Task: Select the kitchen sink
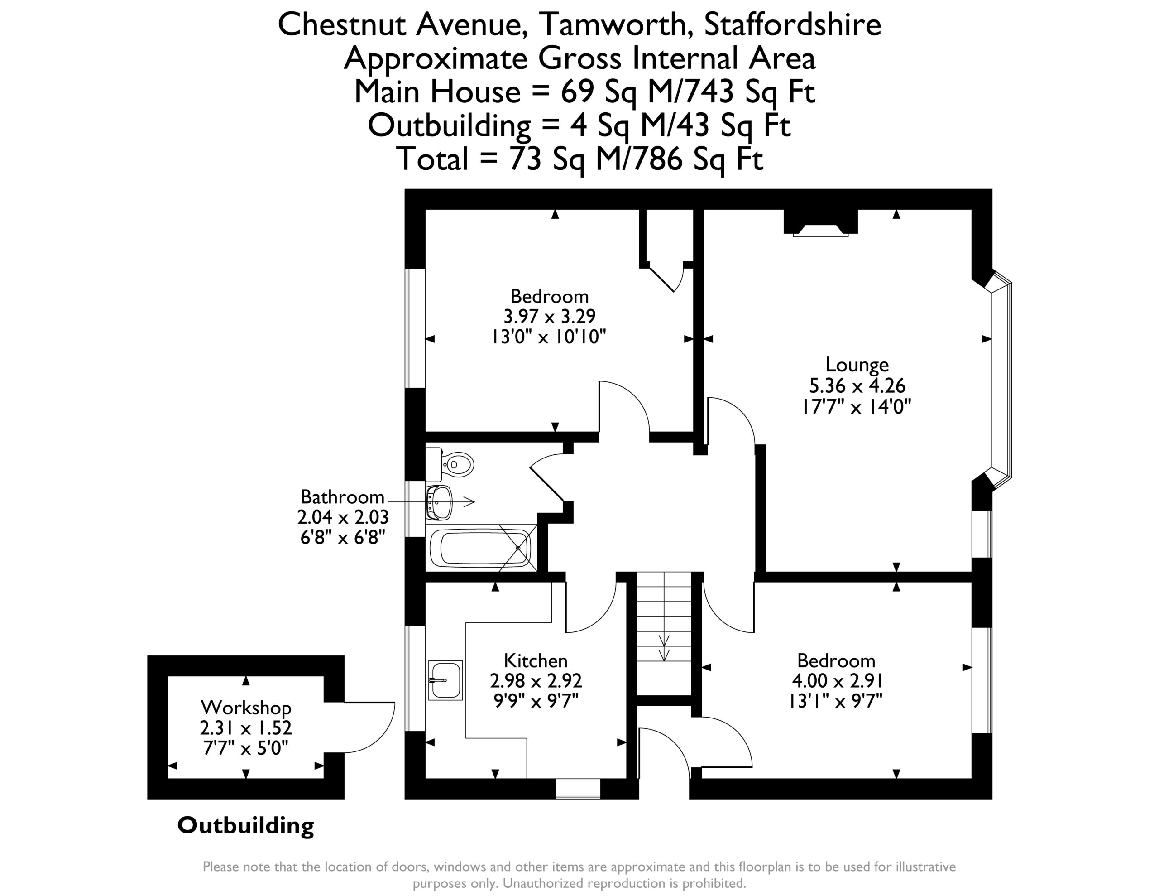click(445, 680)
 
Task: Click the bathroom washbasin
click(439, 502)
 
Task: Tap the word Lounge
click(857, 364)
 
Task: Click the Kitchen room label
click(536, 661)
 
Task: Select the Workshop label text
click(246, 708)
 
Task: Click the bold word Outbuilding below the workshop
click(246, 825)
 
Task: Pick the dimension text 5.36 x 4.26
click(857, 385)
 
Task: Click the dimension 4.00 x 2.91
click(836, 681)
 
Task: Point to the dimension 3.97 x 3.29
click(550, 317)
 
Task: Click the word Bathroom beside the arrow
click(342, 497)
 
